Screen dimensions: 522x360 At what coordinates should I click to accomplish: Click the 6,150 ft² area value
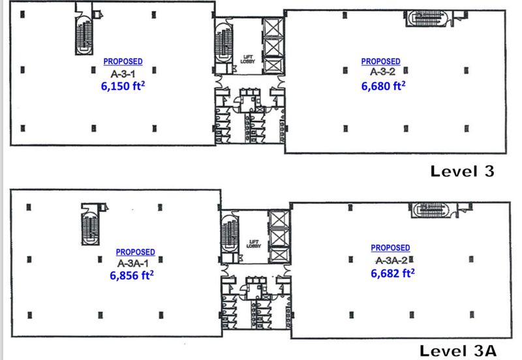pos(123,86)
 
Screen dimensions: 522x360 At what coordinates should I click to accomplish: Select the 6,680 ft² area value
pos(383,86)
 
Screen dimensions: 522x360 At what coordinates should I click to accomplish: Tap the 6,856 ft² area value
pos(132,275)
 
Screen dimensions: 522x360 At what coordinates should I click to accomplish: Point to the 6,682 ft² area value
pos(393,273)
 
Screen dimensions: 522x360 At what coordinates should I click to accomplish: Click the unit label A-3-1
pos(123,74)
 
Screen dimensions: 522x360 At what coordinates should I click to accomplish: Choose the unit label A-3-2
pos(383,71)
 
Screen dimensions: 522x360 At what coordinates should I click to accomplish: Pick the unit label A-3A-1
pos(133,263)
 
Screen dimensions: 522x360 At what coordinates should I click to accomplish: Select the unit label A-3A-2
pos(391,260)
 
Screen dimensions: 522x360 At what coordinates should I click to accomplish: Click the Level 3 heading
pos(462,172)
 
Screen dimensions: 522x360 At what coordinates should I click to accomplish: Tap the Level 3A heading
pos(458,351)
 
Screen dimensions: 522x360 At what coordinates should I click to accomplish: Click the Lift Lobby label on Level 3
pos(247,59)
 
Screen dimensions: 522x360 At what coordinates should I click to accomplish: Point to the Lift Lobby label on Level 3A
pos(253,244)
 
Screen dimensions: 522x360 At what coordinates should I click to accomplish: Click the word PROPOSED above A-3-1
pos(123,61)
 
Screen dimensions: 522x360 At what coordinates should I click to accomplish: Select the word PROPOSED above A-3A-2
pos(390,248)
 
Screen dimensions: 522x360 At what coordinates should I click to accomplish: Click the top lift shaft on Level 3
pos(273,27)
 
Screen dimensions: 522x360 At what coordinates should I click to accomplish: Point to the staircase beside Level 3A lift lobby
pos(230,233)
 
